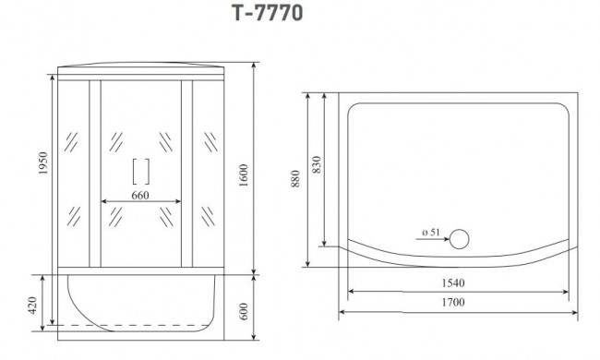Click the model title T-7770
coord(267,13)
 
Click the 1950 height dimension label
coord(42,163)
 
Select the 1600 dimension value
coord(244,175)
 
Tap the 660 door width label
coord(140,196)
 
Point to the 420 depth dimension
coord(33,306)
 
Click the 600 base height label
coord(244,311)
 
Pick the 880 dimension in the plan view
coord(295,179)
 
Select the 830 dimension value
coord(317,164)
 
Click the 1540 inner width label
coord(453,283)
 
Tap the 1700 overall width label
coord(453,303)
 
